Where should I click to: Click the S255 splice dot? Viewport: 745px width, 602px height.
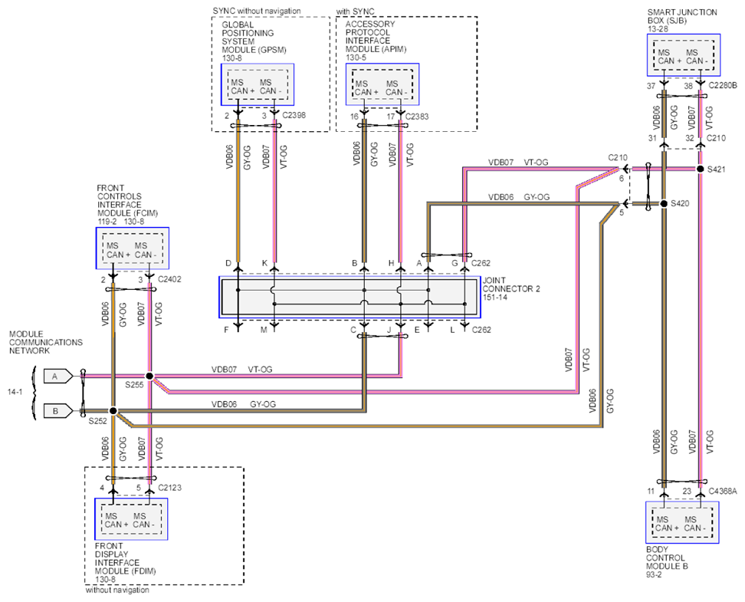point(149,376)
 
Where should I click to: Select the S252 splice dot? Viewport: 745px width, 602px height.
point(113,411)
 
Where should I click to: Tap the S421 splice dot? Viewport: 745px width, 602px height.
point(700,169)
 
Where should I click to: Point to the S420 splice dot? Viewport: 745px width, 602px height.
point(664,203)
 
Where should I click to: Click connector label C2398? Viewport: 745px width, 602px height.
point(294,115)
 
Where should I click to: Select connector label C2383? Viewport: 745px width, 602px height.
point(417,117)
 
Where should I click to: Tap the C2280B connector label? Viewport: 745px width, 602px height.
point(723,86)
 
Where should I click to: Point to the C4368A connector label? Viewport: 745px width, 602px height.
point(723,492)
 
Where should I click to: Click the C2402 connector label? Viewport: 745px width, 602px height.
point(169,279)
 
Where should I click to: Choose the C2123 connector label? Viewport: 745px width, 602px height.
point(169,488)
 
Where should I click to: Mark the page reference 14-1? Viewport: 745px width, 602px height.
point(15,393)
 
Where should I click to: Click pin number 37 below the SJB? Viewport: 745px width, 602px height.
point(651,86)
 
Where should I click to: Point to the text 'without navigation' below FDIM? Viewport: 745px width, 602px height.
point(117,590)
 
